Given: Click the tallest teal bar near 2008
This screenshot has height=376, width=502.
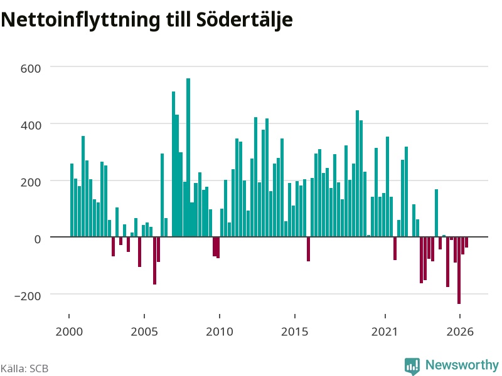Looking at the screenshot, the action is point(188,157).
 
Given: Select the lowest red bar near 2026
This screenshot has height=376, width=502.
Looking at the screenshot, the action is point(459,271).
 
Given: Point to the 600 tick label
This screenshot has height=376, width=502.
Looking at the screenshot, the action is point(31,68).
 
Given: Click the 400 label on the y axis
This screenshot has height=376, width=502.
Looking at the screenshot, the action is point(31,125).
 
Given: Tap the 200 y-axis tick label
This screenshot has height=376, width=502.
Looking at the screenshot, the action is point(31,182).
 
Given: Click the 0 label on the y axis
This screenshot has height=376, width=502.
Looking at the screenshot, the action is point(38,239).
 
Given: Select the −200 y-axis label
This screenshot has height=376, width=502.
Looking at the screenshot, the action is point(28,296).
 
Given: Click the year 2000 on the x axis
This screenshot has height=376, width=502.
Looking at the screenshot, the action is point(69,332).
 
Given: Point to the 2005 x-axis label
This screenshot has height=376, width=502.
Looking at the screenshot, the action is point(144,332).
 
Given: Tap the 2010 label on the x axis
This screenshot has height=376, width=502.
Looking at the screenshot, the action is point(220,332).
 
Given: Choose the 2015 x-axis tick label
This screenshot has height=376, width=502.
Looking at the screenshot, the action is point(295,332).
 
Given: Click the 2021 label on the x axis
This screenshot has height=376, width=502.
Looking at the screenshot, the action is point(385,332).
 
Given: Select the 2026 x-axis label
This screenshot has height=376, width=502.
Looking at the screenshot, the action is point(460,332).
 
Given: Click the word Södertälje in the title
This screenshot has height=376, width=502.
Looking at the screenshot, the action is point(245,20).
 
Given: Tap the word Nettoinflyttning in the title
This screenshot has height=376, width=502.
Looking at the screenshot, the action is point(80,20).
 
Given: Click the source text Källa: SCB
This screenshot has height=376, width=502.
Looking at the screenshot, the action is point(24,368).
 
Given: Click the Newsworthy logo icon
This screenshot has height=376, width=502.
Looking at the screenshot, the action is point(412,366).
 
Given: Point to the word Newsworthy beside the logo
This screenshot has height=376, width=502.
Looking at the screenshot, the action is point(462,365).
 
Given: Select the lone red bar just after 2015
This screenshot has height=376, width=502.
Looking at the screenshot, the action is point(308,249).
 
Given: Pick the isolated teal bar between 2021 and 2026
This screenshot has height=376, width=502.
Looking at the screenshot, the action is point(436,213).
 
